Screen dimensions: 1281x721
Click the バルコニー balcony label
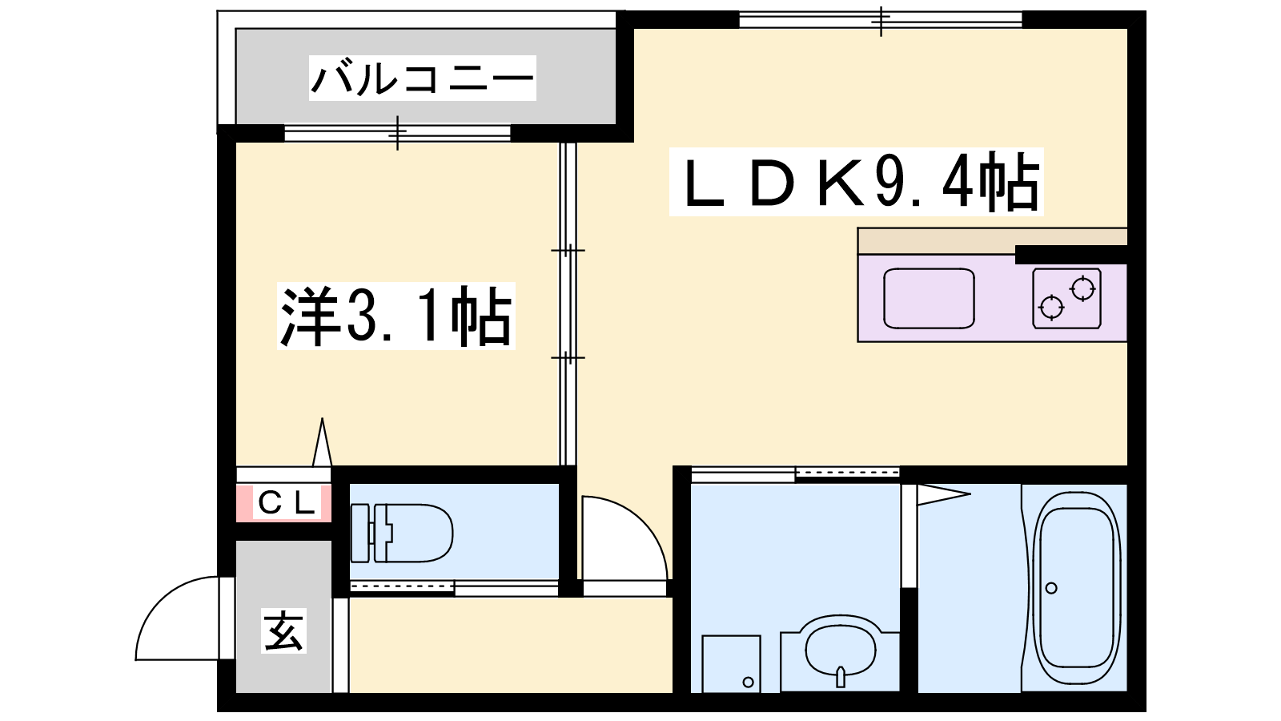point(422,78)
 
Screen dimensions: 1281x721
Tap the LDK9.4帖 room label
point(856,181)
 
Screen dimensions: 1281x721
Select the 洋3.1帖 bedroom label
point(396,316)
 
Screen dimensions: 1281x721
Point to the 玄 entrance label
point(284,630)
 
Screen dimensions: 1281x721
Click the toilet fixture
point(401,533)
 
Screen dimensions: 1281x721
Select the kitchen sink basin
point(929,298)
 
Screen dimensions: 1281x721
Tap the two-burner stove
point(1067,298)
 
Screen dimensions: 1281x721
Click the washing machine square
point(732,663)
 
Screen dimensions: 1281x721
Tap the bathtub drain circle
point(1051,588)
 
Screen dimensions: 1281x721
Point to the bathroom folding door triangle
point(944,495)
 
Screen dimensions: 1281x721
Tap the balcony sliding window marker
point(397,133)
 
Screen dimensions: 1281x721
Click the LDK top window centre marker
point(881,21)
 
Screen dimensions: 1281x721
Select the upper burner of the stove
point(1082,288)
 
